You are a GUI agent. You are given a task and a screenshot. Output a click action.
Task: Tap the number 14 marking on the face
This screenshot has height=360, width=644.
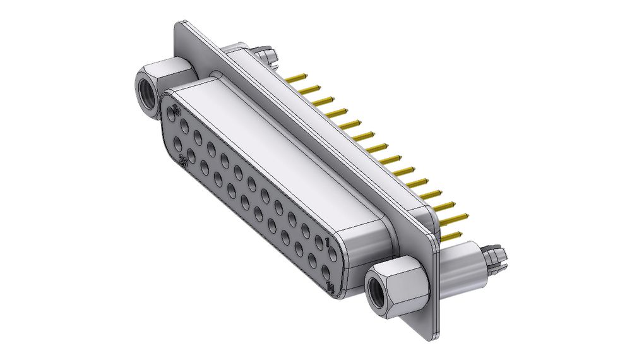coord(330,289)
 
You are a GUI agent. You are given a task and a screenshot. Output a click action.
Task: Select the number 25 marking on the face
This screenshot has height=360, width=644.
coord(182,162)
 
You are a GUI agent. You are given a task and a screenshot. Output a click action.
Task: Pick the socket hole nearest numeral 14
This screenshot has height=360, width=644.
coord(326,273)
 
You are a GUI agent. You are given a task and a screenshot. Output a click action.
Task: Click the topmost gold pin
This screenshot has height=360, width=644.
coord(296,78)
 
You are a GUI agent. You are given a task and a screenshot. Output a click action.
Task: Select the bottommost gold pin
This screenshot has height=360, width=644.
coord(451,236)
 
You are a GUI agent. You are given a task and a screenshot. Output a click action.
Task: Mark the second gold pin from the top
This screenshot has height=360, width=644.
coord(309,90)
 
